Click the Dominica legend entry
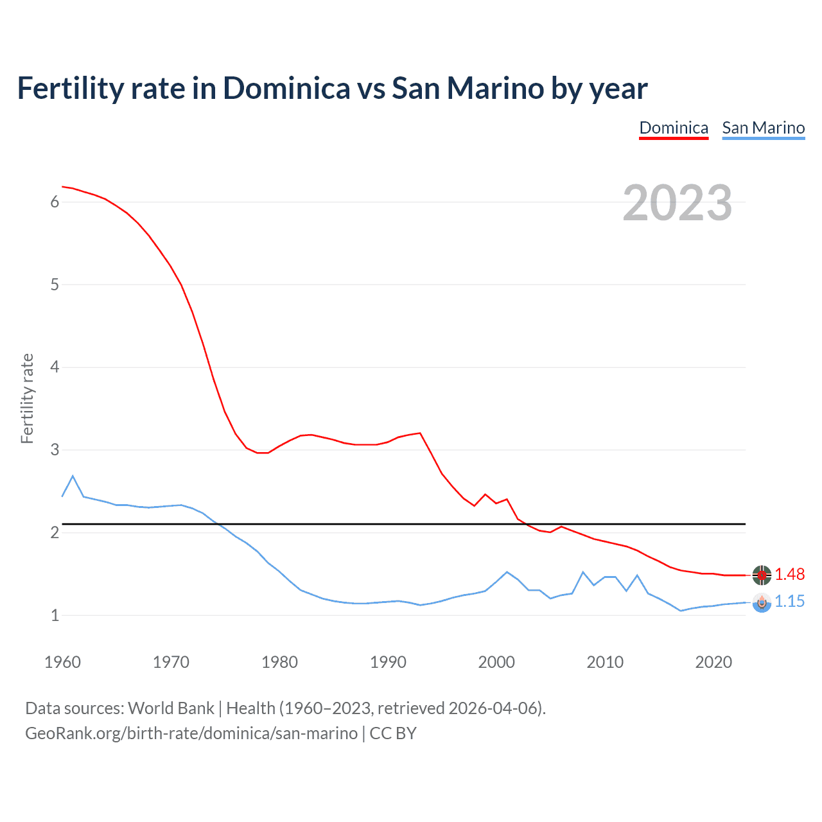[x=674, y=128]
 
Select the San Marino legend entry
[x=763, y=128]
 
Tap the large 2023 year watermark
[x=677, y=203]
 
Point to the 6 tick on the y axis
[x=55, y=202]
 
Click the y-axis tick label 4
[x=55, y=367]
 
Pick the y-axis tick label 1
[x=55, y=615]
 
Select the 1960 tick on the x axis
[x=62, y=662]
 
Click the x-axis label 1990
[x=388, y=662]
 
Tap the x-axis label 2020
[x=713, y=662]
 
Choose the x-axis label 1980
[x=279, y=662]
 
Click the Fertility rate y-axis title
[x=27, y=398]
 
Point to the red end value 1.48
[x=789, y=574]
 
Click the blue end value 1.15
[x=789, y=601]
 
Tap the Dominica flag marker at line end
[x=762, y=575]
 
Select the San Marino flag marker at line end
[x=762, y=602]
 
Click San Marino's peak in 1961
[x=73, y=476]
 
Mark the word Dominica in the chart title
[x=286, y=89]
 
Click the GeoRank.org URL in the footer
[x=191, y=733]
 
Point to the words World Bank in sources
[x=171, y=708]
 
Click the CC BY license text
[x=393, y=733]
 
